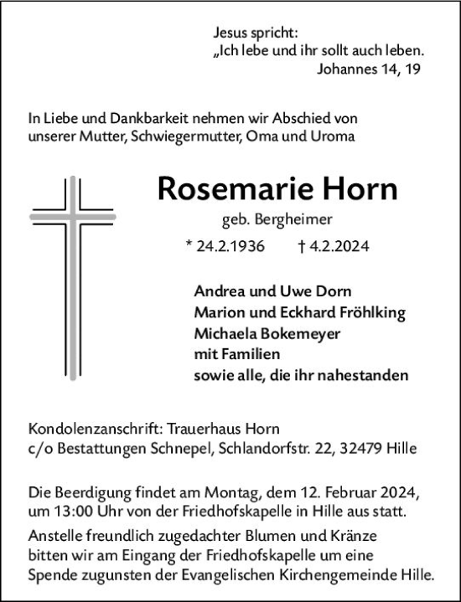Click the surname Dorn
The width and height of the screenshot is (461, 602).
tap(334, 291)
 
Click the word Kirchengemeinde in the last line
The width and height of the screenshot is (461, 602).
tap(329, 575)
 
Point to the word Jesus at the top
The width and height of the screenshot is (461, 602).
tap(232, 33)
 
